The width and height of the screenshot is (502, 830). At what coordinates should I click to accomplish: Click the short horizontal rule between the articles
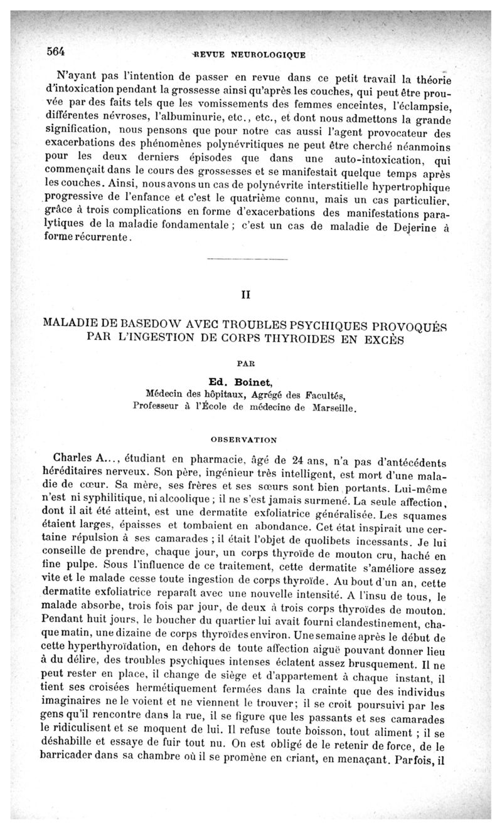point(247,259)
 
